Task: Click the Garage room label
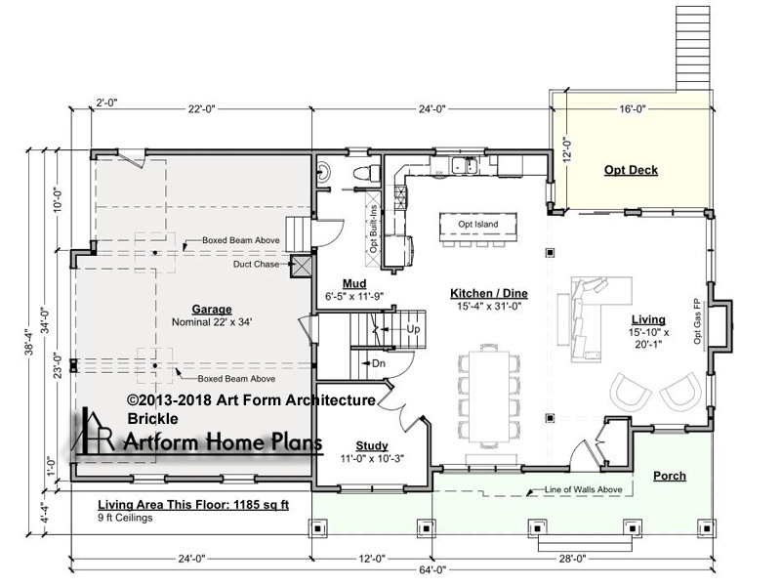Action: [212, 309]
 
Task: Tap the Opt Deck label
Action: [631, 170]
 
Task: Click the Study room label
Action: [372, 445]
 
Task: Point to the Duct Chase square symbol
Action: [302, 266]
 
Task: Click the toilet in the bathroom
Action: [363, 173]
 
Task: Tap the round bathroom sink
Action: [323, 171]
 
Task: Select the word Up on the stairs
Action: [413, 329]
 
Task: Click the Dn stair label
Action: [379, 363]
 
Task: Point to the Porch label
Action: [670, 476]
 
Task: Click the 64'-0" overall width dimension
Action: [432, 569]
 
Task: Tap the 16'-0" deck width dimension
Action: [633, 108]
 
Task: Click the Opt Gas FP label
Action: [697, 321]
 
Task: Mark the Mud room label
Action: [354, 283]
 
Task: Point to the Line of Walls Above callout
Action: [583, 489]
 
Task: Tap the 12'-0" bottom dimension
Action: [372, 559]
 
